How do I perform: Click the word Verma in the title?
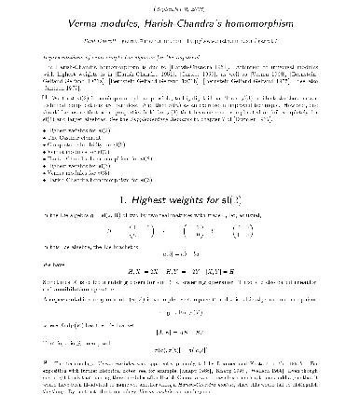111,21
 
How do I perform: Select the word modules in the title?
150,21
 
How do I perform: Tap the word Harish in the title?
190,21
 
